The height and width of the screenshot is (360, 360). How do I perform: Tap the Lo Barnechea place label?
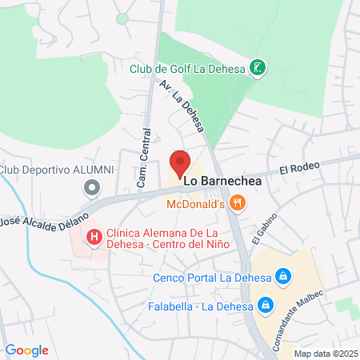tap(223, 181)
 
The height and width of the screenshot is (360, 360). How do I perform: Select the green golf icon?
tap(257, 68)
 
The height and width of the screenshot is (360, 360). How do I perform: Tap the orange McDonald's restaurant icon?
tap(238, 204)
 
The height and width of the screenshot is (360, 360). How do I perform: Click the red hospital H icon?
tap(94, 236)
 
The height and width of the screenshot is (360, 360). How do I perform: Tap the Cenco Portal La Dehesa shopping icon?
tap(282, 278)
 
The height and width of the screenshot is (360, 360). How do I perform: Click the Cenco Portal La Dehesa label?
tap(212, 278)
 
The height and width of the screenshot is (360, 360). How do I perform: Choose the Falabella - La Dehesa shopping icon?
tap(266, 305)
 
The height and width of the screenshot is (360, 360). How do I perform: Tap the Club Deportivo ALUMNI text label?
tap(57, 170)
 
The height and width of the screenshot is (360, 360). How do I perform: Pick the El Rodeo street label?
tap(299, 167)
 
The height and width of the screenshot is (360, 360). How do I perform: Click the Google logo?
tap(26, 350)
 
